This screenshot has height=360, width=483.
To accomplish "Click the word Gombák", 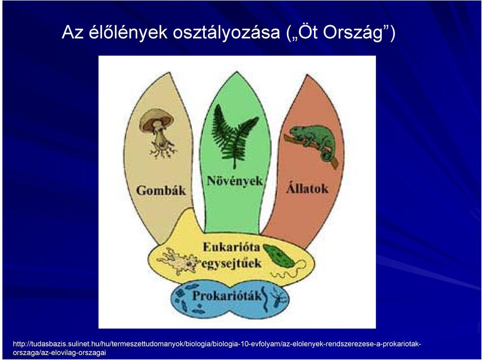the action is tap(161, 191).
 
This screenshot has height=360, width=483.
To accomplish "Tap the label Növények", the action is tap(235, 181).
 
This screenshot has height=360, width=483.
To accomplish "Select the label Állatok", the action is tap(307, 188).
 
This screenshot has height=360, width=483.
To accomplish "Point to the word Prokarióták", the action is tap(227, 296).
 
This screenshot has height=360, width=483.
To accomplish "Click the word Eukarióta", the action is tap(231, 247).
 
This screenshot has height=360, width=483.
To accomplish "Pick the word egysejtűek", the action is tap(231, 263).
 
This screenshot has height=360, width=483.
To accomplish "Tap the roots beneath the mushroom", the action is tap(163, 150).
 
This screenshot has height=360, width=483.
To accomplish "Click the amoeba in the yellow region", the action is tap(179, 260).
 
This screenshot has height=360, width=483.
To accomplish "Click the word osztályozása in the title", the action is tap(226, 33).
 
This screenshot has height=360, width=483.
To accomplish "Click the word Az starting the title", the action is tap(72, 32).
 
